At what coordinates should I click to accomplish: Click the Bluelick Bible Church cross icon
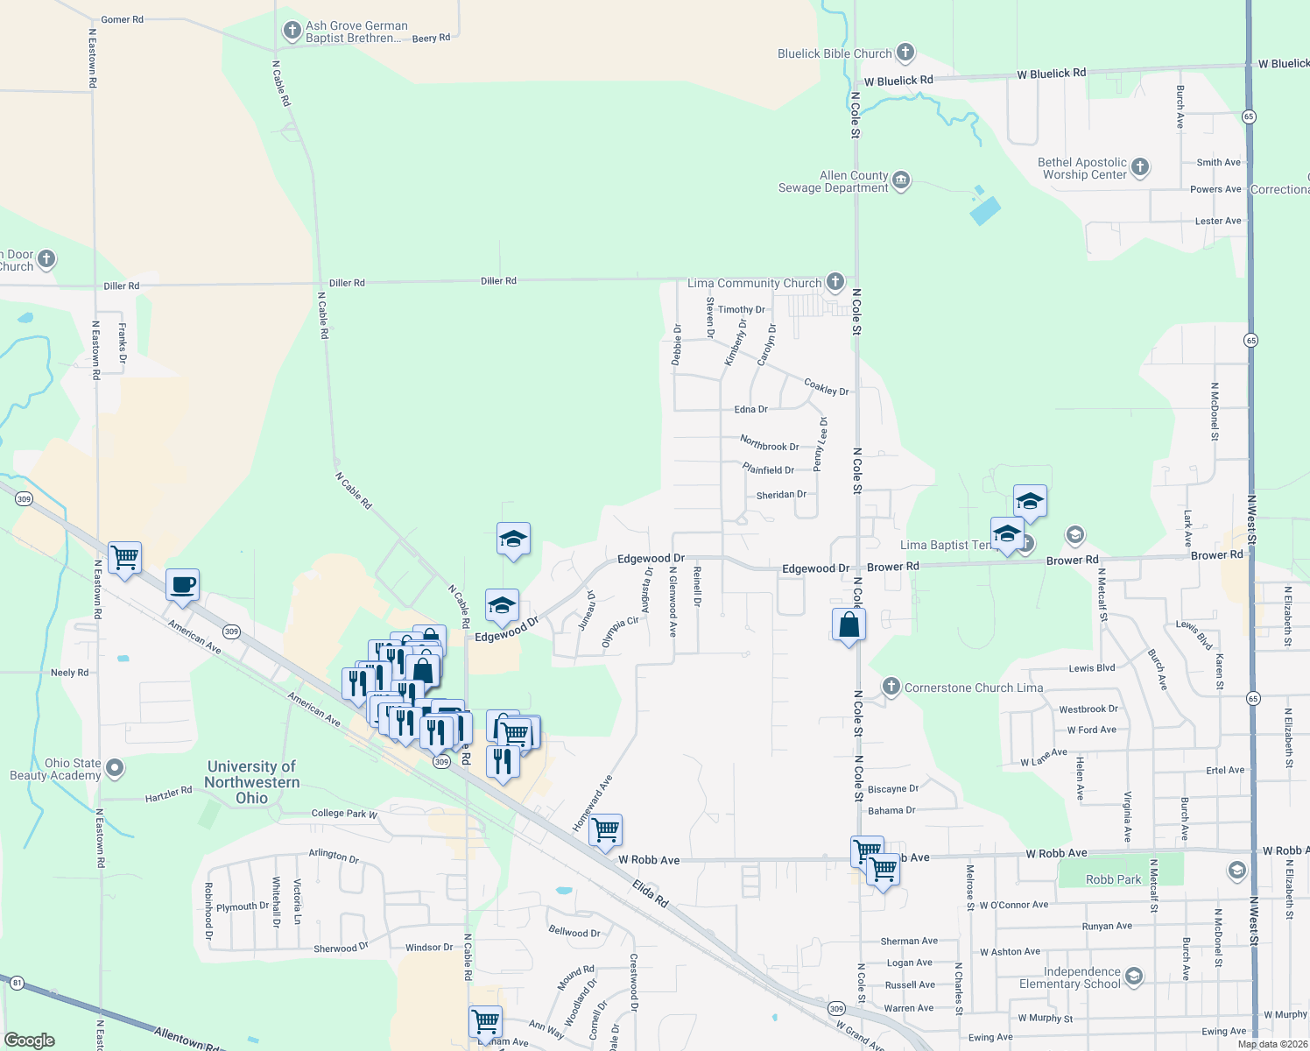tap(905, 53)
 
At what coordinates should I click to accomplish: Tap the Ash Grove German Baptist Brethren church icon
tap(292, 32)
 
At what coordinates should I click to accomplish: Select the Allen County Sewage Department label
tap(833, 182)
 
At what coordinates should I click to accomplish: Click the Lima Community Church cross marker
tap(835, 282)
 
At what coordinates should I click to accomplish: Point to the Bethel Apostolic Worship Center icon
tap(1139, 167)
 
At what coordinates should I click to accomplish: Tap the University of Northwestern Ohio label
tap(252, 782)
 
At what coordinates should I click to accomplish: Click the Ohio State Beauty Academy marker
tap(115, 769)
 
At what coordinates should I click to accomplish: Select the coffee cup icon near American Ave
tap(182, 585)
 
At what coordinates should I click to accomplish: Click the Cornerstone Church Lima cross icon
tap(891, 687)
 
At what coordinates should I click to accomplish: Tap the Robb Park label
tap(1113, 879)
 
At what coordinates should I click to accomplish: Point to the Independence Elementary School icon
tap(1134, 977)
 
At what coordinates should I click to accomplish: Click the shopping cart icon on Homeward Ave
tap(606, 830)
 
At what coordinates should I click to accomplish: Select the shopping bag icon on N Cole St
tap(849, 625)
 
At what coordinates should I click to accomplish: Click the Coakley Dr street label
tap(826, 386)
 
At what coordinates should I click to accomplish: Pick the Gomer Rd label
tap(122, 19)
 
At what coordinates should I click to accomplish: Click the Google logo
tap(30, 1040)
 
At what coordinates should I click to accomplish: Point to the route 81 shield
tap(18, 983)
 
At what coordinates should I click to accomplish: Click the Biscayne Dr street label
tap(892, 789)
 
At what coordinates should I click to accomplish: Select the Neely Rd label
tap(69, 673)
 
